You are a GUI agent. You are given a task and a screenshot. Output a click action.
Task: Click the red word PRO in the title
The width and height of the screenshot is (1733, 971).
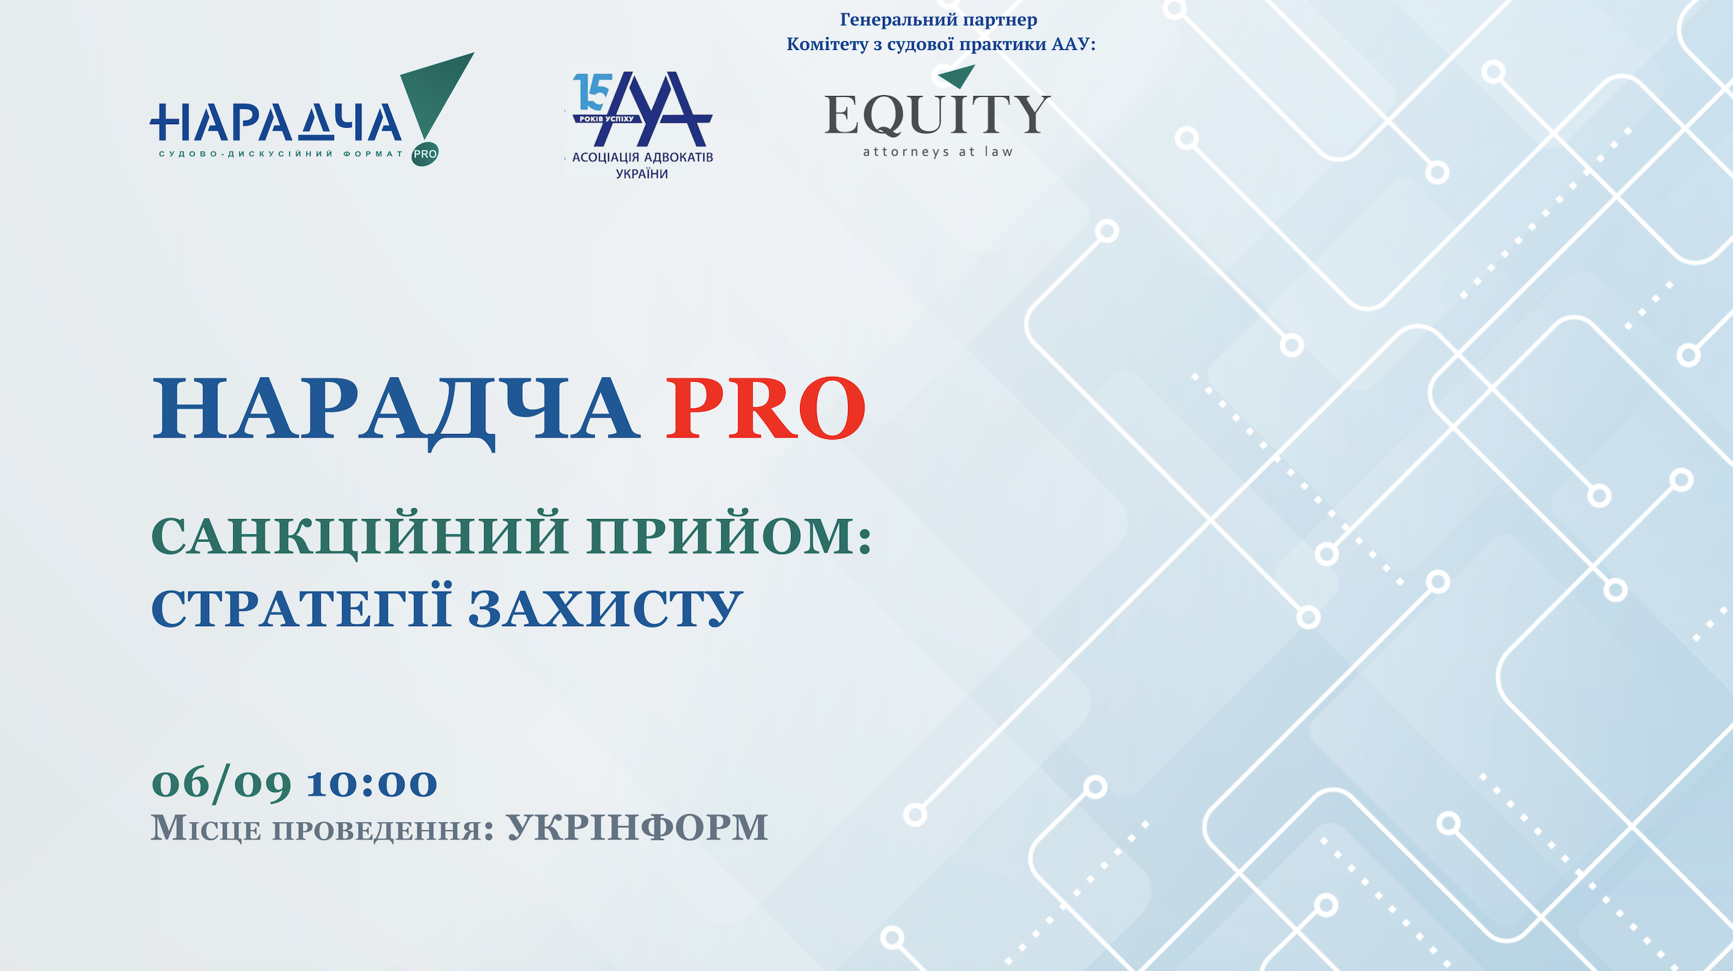pos(766,408)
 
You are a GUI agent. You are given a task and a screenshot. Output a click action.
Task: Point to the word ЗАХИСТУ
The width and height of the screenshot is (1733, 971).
pos(606,609)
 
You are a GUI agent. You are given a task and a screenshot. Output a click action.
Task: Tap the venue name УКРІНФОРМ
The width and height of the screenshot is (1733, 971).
pos(637,827)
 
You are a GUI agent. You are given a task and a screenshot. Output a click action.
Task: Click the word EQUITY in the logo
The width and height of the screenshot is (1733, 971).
pos(937,115)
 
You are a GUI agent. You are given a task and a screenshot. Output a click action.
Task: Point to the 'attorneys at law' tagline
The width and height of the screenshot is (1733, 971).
pos(938,152)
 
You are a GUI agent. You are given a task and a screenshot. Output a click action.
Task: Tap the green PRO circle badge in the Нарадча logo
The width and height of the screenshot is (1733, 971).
pos(425,154)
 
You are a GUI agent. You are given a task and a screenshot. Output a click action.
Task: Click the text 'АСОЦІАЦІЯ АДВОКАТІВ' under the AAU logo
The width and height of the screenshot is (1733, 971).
pos(642,157)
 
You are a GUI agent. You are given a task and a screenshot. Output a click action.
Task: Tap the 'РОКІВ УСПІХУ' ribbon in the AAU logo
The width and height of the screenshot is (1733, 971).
pos(607,119)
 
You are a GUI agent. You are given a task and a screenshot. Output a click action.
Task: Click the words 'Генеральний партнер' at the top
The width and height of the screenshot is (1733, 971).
pos(938,20)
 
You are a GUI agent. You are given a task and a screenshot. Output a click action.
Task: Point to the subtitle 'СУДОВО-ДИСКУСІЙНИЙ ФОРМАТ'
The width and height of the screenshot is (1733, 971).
pos(281,154)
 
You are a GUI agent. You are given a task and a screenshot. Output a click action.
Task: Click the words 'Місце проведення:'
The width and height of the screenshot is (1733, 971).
pos(322,828)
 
